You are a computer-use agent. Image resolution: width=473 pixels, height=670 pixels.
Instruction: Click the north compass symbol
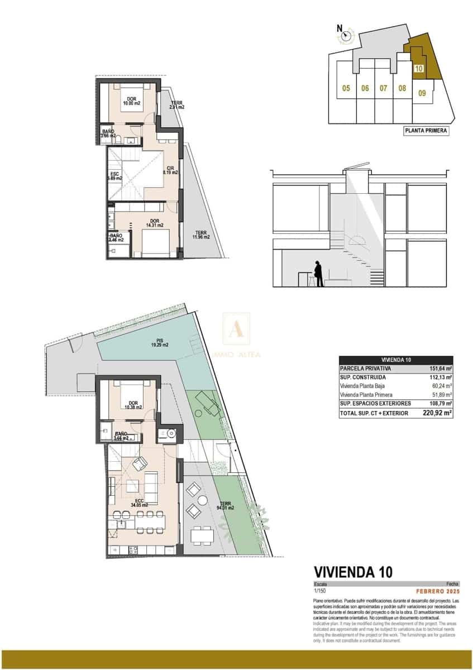click(x=346, y=36)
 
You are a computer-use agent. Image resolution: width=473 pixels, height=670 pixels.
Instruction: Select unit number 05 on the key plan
click(x=346, y=88)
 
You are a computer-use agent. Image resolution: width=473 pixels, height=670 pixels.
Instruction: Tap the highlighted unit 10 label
click(x=419, y=69)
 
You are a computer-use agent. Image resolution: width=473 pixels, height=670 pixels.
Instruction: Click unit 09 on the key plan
click(x=422, y=93)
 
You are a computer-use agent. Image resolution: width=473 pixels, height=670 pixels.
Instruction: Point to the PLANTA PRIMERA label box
click(x=426, y=131)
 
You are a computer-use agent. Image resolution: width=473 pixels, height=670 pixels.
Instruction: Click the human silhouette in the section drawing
click(x=318, y=274)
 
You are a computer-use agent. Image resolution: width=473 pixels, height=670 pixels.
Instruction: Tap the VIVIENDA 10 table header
click(x=396, y=360)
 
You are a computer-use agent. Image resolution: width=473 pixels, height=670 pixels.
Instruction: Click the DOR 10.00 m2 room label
click(x=132, y=102)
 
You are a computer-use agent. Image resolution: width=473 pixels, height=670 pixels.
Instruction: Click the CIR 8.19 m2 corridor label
click(x=170, y=171)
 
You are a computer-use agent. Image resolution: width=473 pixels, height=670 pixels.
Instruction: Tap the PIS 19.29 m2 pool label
click(x=159, y=343)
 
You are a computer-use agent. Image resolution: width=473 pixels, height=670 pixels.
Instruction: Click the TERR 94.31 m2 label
click(x=226, y=506)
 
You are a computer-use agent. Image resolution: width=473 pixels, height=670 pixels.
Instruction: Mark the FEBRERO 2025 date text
click(x=438, y=591)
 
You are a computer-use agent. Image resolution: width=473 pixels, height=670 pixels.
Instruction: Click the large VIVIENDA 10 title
click(x=353, y=572)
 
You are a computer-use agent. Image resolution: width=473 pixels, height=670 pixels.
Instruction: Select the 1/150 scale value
click(x=319, y=591)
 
